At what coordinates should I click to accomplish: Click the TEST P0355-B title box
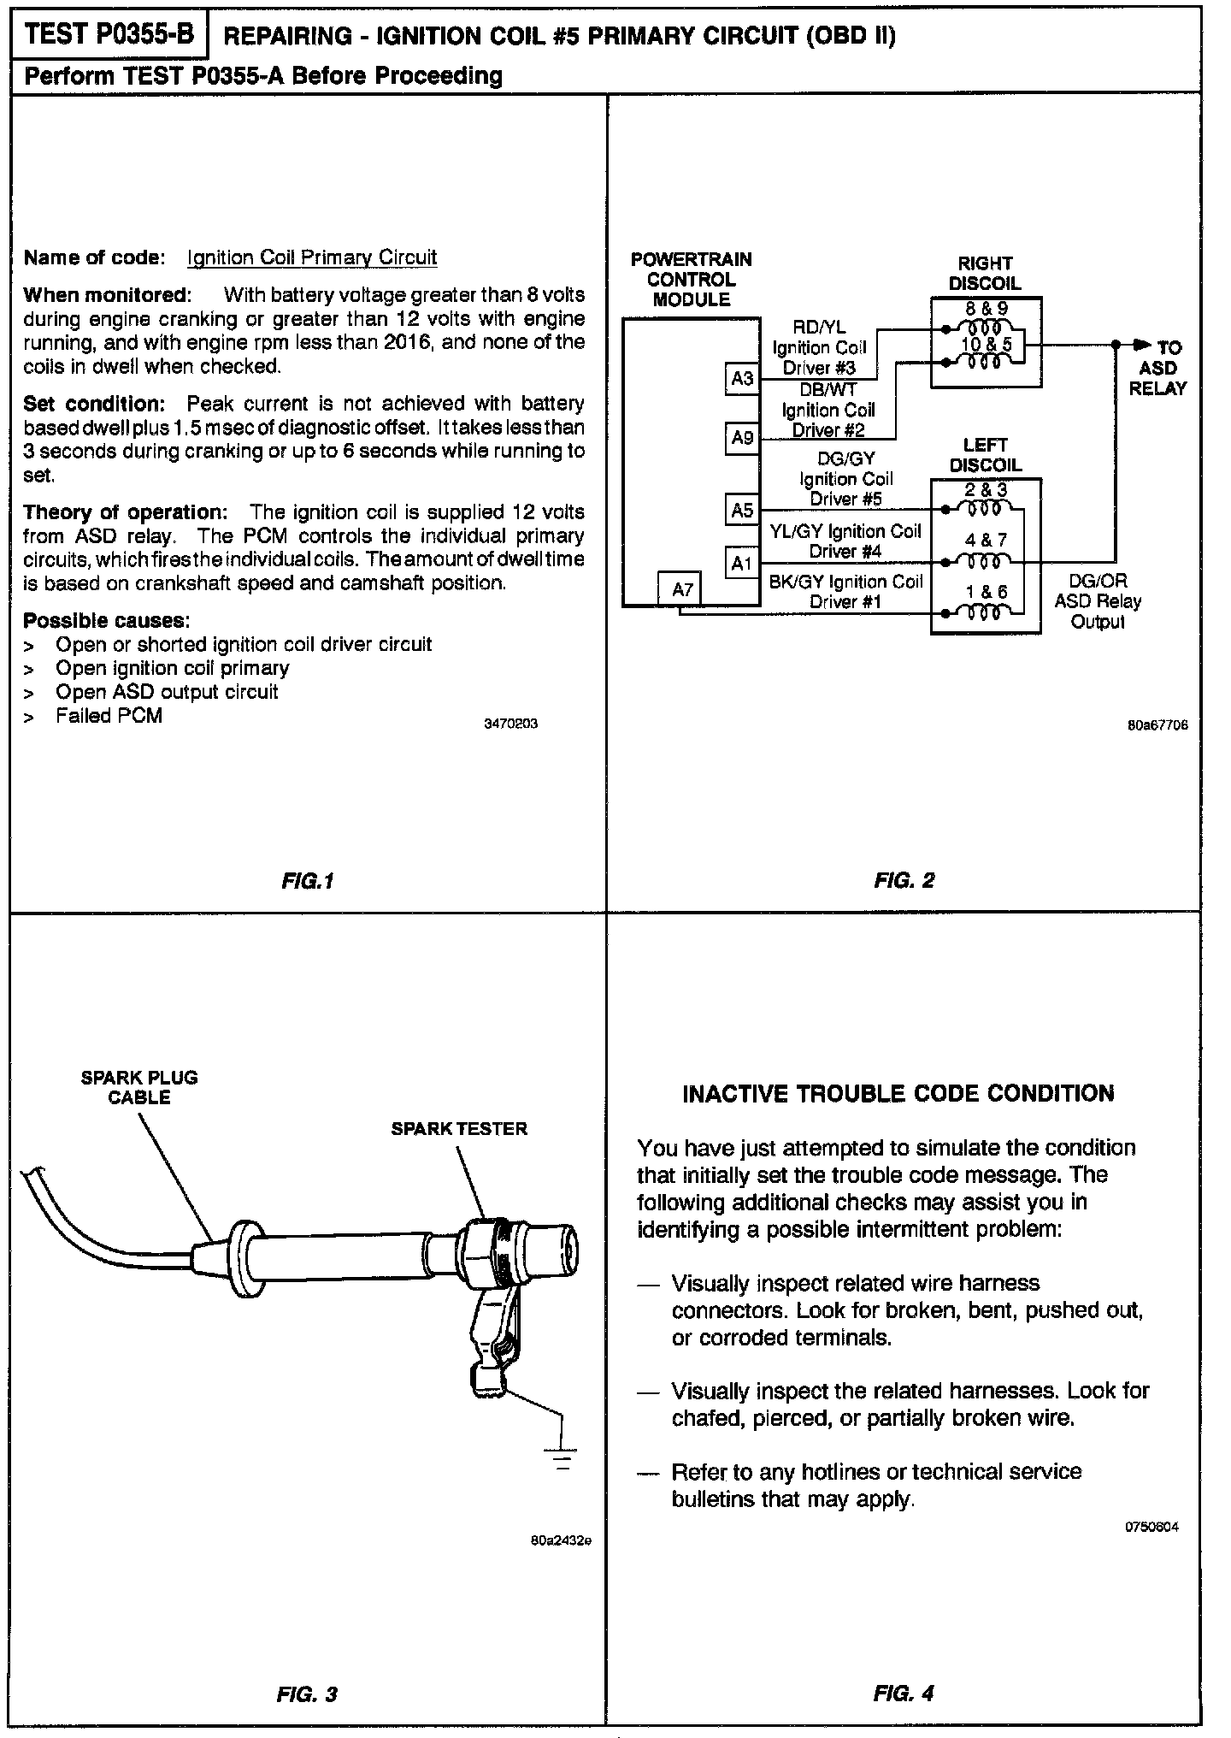(x=109, y=35)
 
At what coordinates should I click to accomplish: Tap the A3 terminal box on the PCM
(x=742, y=377)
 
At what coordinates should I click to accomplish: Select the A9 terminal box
(x=742, y=438)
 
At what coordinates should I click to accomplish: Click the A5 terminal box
(x=742, y=511)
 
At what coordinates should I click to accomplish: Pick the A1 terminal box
(x=742, y=563)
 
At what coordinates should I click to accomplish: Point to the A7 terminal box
(x=682, y=588)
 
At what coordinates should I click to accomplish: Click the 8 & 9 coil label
(x=985, y=309)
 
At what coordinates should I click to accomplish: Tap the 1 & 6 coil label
(x=986, y=591)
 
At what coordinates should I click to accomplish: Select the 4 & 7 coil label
(x=986, y=540)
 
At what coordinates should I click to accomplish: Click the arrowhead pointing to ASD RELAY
(x=1141, y=345)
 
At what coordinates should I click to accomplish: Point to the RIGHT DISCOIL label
(x=985, y=273)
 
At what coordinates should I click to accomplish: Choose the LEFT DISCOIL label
(x=985, y=455)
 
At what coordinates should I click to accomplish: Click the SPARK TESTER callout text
(x=459, y=1129)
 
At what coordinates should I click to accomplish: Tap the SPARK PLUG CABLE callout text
(x=139, y=1087)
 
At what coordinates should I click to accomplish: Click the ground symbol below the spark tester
(x=562, y=1457)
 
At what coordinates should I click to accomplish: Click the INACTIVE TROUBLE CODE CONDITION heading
(x=898, y=1093)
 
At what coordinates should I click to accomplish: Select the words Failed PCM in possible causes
(x=109, y=715)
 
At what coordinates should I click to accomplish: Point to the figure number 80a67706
(x=1157, y=724)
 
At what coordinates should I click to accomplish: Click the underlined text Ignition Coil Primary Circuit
(x=312, y=257)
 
